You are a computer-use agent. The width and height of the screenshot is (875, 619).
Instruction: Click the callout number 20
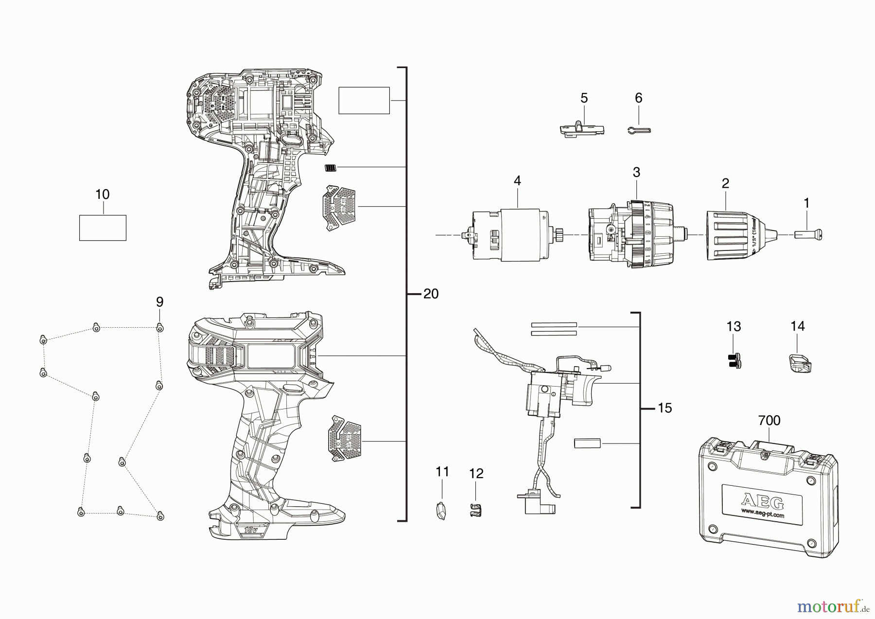tap(431, 294)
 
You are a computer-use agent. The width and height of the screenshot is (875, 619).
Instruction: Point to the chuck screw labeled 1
tap(808, 235)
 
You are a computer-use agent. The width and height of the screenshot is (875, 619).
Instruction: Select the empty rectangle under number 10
tap(103, 228)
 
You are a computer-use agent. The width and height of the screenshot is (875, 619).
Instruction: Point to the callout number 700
tap(770, 420)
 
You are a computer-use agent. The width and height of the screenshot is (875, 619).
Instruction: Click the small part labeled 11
tap(440, 511)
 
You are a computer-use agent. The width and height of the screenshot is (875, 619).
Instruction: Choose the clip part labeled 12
tap(475, 511)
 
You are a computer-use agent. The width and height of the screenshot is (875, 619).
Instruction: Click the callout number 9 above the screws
tap(159, 302)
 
